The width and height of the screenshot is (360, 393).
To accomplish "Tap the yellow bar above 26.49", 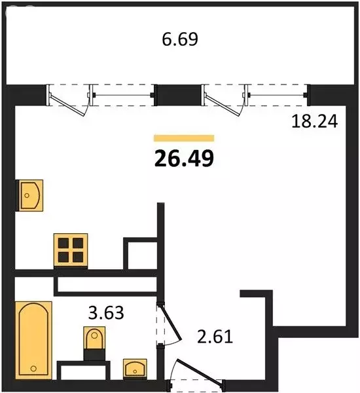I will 184,138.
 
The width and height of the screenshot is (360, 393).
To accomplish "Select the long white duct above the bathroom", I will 105,284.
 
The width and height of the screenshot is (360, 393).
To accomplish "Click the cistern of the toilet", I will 94,354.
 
